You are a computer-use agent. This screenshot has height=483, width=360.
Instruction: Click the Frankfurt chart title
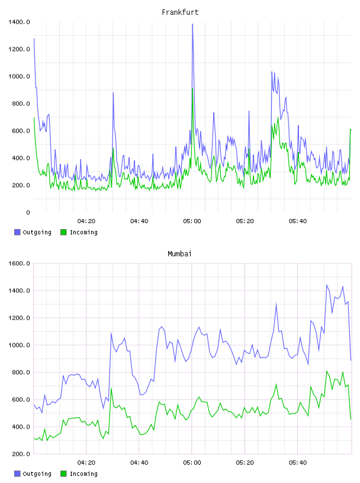click(180, 12)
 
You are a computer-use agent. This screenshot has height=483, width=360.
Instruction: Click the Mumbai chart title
click(179, 254)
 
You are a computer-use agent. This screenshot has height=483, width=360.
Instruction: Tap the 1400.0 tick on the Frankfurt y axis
click(19, 22)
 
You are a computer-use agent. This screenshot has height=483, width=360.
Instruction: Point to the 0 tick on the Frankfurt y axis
click(28, 212)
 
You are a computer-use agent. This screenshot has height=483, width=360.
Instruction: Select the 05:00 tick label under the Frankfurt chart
click(192, 221)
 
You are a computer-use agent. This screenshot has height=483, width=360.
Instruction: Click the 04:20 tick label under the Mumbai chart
click(86, 463)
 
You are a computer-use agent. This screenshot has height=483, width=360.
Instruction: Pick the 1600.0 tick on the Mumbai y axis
click(19, 263)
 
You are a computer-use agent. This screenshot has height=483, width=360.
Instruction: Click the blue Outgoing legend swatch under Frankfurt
click(17, 232)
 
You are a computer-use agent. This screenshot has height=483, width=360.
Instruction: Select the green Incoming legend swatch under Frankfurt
click(63, 232)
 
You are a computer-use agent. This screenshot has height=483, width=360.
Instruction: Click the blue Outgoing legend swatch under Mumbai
click(17, 474)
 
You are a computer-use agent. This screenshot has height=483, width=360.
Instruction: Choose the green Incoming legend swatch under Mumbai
click(63, 474)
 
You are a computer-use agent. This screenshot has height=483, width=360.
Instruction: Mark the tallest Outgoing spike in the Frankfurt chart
click(192, 24)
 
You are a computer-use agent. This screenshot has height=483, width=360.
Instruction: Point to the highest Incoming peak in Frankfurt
click(192, 89)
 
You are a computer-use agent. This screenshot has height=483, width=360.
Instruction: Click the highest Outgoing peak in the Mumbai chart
click(327, 285)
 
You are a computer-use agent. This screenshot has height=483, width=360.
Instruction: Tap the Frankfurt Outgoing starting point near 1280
click(34, 38)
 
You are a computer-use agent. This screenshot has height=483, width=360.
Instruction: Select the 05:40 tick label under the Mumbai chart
click(298, 463)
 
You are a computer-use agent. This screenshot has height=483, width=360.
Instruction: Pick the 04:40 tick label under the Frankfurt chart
click(139, 221)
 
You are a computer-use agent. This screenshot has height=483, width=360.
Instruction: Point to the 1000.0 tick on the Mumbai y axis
click(19, 345)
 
